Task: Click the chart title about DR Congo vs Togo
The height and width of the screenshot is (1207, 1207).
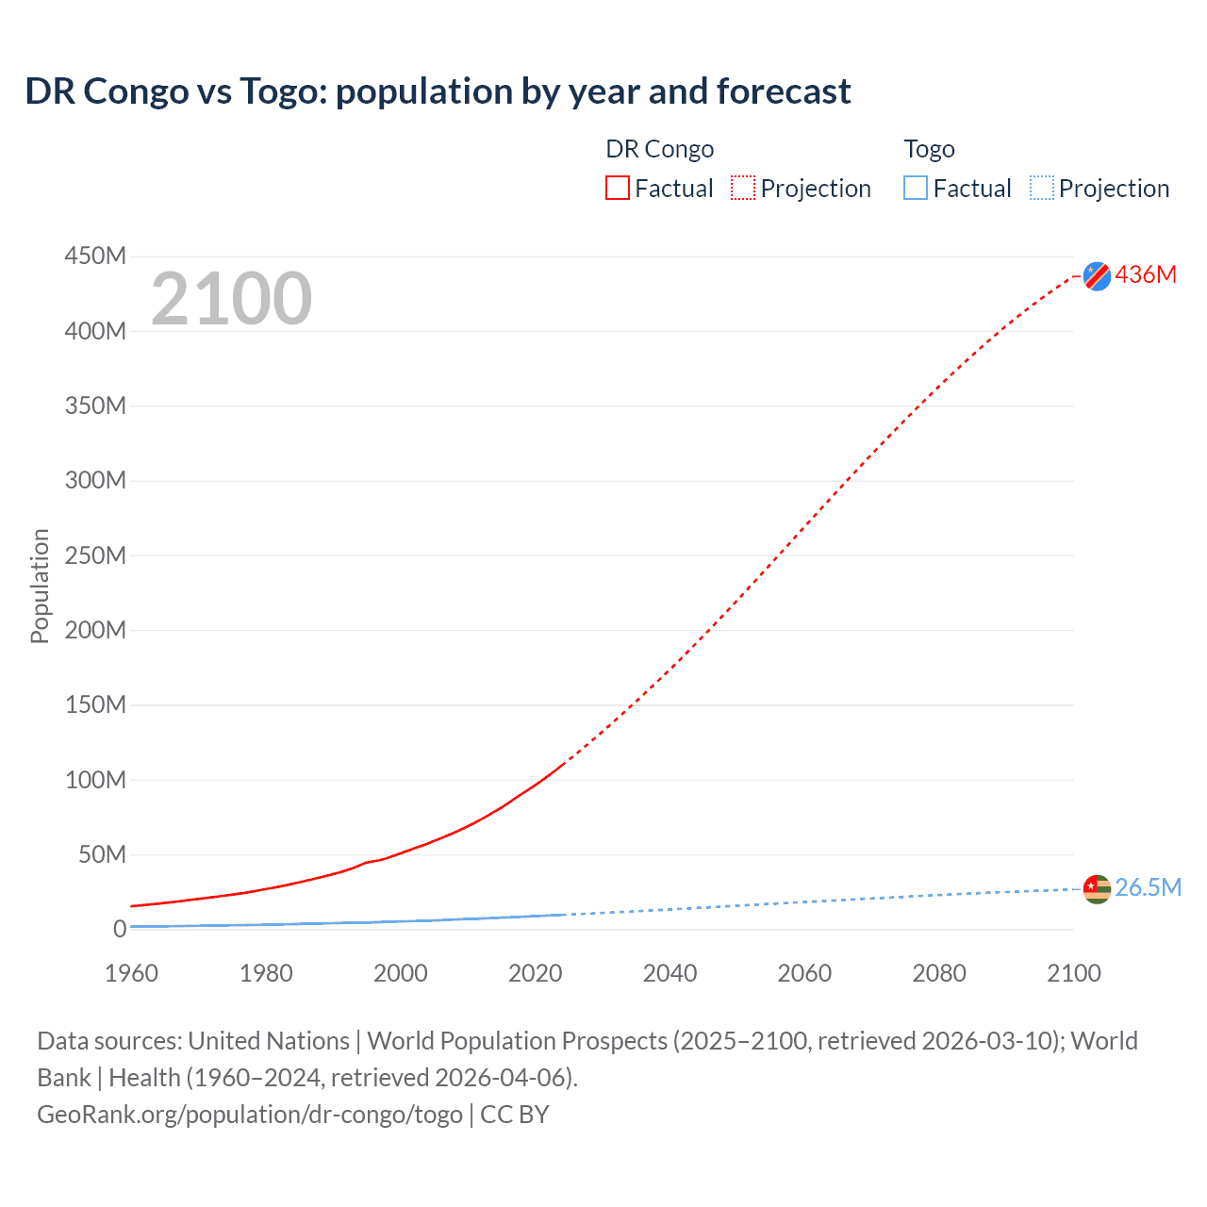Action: coord(438,91)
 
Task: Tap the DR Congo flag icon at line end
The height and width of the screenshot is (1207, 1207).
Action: coord(1097,275)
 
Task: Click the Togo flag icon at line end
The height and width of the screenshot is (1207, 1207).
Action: coord(1097,888)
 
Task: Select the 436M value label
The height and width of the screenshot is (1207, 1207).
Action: coord(1146,274)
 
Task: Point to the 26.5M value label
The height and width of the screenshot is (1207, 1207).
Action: coord(1148,887)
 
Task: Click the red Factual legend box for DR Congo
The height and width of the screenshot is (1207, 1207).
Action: coord(618,188)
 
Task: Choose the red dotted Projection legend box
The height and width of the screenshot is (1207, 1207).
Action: coord(743,188)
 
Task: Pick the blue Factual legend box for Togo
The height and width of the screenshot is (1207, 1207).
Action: coord(916,188)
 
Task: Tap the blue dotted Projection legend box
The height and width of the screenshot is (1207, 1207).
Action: coord(1042,188)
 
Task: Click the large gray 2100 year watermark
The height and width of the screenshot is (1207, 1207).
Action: coord(231,299)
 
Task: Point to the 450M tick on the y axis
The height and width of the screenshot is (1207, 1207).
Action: coord(95,256)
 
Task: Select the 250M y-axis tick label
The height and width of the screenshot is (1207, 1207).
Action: coord(95,555)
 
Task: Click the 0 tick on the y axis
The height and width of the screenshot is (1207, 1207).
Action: coord(119,929)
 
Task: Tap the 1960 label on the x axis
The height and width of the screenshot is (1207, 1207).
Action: coord(131,973)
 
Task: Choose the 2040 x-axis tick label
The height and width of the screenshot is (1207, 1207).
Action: coord(670,973)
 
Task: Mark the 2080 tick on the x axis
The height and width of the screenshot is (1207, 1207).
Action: coord(939,973)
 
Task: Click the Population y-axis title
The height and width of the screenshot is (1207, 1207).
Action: coord(40,586)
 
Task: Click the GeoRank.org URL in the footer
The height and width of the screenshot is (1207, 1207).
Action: coord(250,1115)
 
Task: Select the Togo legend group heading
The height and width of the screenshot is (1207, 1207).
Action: coord(929,149)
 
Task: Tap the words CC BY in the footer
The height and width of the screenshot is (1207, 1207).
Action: coord(515,1115)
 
